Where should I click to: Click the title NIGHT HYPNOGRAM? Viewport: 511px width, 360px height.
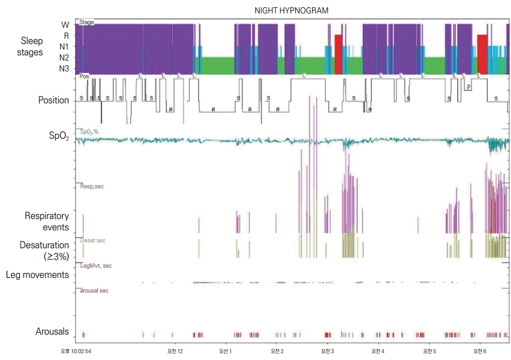[291, 10]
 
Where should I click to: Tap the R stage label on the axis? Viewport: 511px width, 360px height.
[66, 35]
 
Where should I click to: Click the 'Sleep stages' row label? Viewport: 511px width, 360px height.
[32, 47]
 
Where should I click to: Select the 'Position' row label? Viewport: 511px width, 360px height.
[53, 100]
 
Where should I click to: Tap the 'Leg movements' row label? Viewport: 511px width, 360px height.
[37, 275]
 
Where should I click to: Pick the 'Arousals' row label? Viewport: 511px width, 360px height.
[52, 332]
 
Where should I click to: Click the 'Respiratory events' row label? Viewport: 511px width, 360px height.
[47, 222]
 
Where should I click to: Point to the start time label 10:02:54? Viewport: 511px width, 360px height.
[76, 351]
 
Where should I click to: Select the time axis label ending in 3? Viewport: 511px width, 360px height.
[327, 351]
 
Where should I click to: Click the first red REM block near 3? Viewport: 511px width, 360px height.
[338, 54]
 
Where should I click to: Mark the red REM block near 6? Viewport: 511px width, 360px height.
[482, 54]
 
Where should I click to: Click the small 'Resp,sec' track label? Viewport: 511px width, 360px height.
[92, 186]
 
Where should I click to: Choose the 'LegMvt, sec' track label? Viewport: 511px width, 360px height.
[96, 265]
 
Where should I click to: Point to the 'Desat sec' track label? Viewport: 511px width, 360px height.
[93, 240]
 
